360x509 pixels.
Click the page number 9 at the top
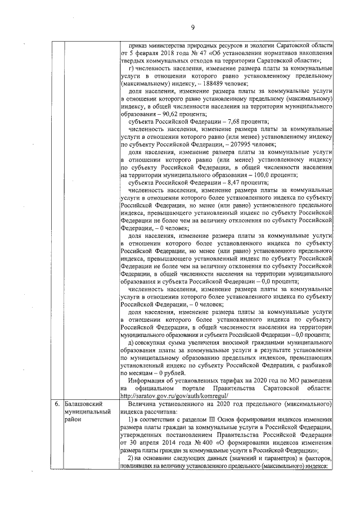[x=192, y=28]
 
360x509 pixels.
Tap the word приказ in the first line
[x=139, y=44]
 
